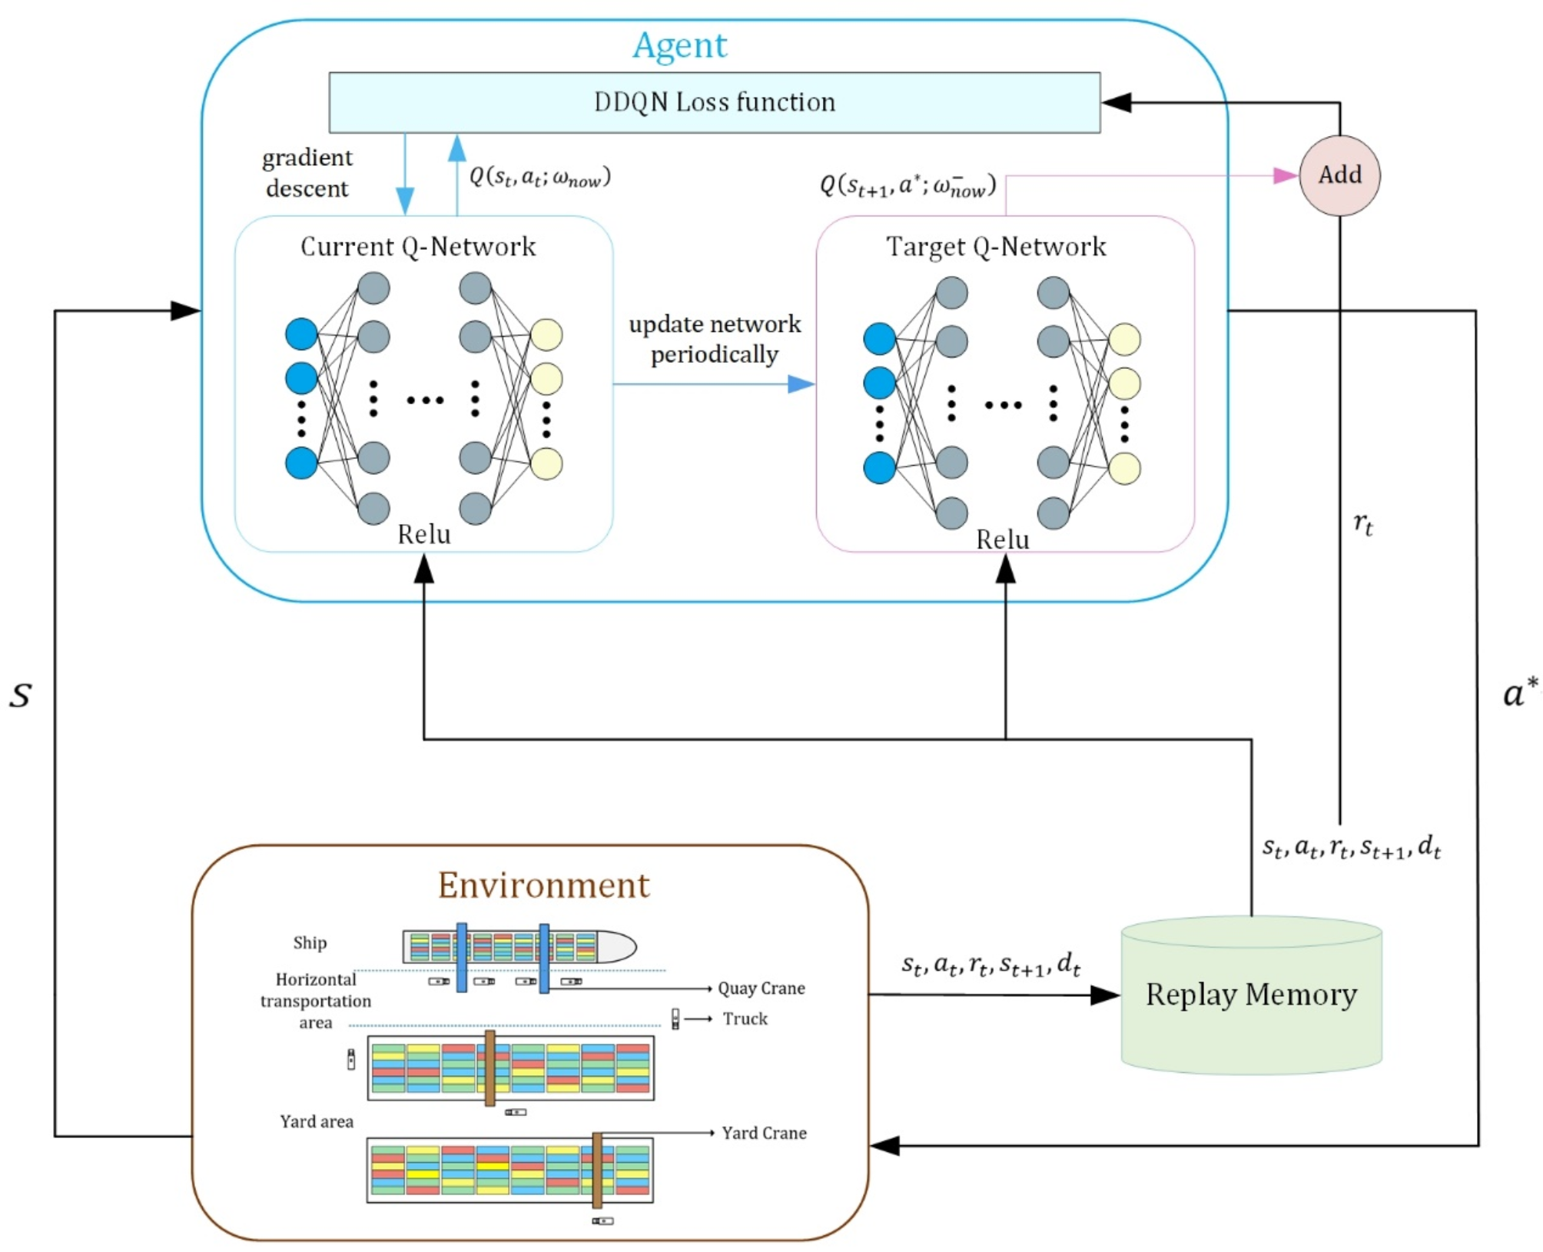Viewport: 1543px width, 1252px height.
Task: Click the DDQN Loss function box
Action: (714, 102)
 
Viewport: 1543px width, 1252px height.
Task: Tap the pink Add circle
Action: (1339, 175)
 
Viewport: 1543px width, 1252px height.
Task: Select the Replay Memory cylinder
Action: (1251, 995)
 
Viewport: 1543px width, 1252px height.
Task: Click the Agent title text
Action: (679, 45)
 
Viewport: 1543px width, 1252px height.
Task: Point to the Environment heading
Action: (543, 885)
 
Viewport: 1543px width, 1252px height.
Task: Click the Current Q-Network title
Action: (418, 247)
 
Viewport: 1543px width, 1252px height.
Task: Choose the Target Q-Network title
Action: (996, 247)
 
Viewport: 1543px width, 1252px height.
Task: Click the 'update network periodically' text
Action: (715, 339)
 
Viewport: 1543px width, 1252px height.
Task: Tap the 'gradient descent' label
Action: (307, 173)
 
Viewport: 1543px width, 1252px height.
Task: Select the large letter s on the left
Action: (21, 695)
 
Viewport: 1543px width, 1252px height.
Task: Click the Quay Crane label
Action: (761, 988)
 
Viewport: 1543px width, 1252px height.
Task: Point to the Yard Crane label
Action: (764, 1133)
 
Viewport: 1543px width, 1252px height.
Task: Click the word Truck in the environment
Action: (745, 1019)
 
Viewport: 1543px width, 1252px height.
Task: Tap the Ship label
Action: (310, 943)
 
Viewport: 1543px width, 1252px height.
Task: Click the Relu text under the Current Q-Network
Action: (423, 534)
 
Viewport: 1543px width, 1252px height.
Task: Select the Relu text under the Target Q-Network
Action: (1002, 540)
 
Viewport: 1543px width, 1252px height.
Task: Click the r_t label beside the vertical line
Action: (1362, 524)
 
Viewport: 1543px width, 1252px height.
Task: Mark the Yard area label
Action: (317, 1121)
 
